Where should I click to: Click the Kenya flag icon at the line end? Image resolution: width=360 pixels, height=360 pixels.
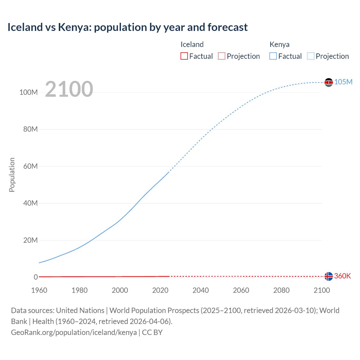328,82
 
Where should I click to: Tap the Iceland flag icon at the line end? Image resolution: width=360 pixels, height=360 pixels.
328,276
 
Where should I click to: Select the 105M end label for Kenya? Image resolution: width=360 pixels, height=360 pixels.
343,82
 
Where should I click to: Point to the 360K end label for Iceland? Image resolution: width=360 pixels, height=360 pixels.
342,276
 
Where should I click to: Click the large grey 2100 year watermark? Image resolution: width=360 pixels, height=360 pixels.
69,89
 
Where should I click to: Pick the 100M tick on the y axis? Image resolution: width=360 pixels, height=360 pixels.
28,92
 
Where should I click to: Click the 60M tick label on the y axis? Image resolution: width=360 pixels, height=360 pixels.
30,166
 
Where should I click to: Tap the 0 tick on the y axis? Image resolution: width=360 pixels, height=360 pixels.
36,277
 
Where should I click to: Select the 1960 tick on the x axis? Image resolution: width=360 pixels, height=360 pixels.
39,290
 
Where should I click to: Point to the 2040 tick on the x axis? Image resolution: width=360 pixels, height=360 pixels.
201,290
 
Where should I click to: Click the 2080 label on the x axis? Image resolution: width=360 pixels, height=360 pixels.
281,290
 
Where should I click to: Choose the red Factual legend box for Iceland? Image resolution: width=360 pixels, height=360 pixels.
184,56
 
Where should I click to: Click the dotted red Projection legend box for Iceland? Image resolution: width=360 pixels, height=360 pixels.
222,56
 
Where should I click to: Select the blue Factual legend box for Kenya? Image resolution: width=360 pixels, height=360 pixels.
273,56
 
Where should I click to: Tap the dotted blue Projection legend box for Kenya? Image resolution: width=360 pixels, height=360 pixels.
311,56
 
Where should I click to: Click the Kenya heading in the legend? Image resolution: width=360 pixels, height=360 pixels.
279,44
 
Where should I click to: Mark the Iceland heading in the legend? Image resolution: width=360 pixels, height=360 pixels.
192,44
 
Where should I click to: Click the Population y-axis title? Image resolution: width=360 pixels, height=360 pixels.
12,175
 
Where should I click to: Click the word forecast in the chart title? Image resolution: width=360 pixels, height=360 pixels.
228,27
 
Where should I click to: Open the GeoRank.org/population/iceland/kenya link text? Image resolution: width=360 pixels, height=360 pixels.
74,332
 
